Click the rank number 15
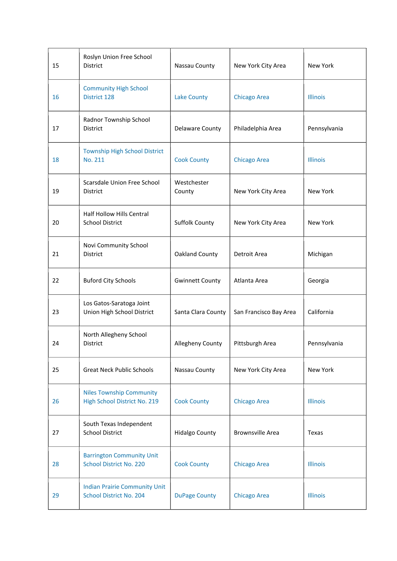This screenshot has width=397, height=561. (56, 66)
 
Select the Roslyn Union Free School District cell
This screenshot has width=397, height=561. (117, 61)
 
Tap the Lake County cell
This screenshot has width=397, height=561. (191, 97)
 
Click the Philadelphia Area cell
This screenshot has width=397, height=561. (257, 128)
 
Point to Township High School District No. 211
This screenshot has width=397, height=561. (123, 155)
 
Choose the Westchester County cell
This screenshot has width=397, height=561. (191, 187)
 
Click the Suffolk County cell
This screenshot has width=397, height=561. (194, 222)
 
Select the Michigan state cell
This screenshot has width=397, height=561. (320, 254)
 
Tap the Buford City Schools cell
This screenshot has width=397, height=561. (109, 280)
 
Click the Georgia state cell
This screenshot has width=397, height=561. (318, 280)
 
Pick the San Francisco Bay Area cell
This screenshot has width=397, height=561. (265, 312)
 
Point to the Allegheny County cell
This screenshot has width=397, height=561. (198, 343)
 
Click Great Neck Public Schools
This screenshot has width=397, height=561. (118, 370)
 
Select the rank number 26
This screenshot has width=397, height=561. (56, 401)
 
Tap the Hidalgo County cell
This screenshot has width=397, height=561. (195, 432)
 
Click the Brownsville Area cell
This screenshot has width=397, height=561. (256, 432)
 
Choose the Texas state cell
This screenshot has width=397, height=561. (315, 432)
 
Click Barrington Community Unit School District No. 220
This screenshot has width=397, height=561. (121, 460)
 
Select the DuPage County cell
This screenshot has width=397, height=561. (195, 495)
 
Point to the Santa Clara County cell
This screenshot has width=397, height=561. (200, 312)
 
